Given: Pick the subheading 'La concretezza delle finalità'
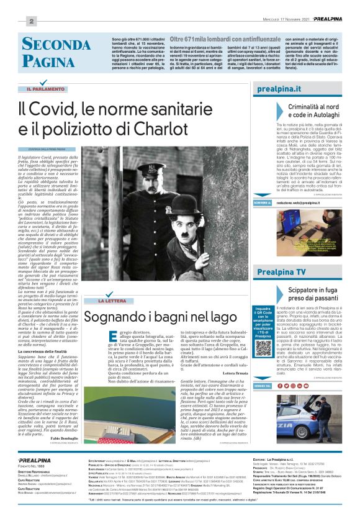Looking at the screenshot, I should (45, 298).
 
